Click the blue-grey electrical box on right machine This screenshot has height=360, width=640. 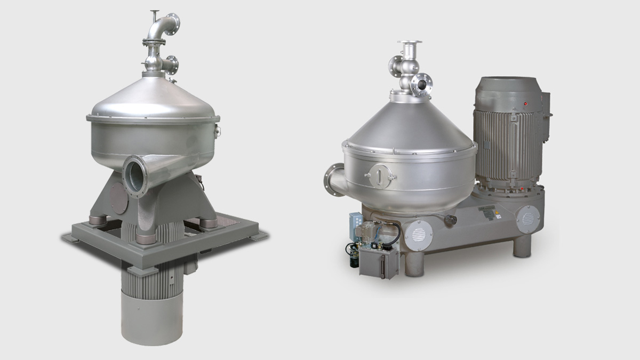tap(356, 223)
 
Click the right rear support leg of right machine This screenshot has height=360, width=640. tap(523, 246)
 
